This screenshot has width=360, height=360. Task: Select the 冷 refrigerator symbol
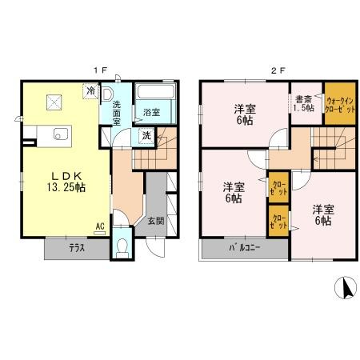click(x=91, y=92)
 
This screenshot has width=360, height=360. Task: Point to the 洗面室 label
click(x=118, y=109)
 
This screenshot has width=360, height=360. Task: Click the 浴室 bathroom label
click(x=150, y=113)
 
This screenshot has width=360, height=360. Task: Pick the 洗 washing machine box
click(x=146, y=136)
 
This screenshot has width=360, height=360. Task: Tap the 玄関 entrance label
click(x=156, y=222)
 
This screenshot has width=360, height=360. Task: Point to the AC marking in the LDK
click(x=99, y=226)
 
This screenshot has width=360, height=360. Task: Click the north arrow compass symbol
click(x=345, y=287)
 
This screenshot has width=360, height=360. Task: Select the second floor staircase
click(x=330, y=144)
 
